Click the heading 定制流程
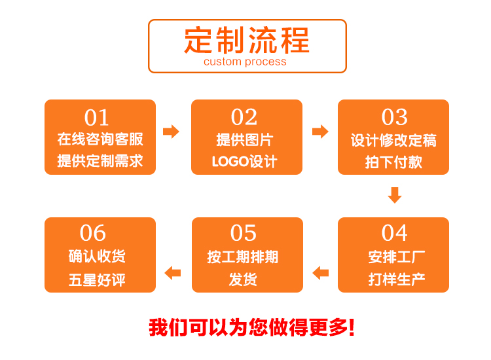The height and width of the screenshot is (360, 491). pyautogui.click(x=247, y=40)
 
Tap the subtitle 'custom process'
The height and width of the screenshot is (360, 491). pyautogui.click(x=245, y=62)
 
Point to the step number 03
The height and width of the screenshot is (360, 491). pyautogui.click(x=394, y=117)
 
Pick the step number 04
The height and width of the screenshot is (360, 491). pyautogui.click(x=394, y=232)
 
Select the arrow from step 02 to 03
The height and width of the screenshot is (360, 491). pyautogui.click(x=320, y=132)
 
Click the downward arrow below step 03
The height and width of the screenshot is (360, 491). pyautogui.click(x=394, y=195)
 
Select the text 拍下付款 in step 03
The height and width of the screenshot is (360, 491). pyautogui.click(x=393, y=162)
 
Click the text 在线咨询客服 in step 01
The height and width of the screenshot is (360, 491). pyautogui.click(x=100, y=139)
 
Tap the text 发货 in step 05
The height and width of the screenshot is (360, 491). pyautogui.click(x=243, y=279)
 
